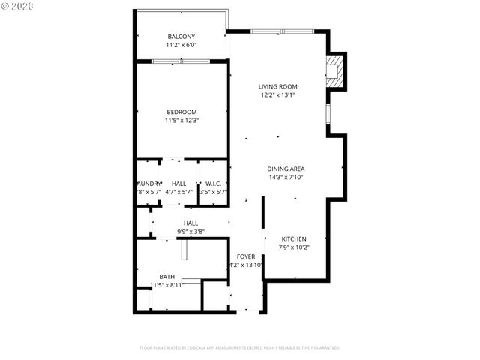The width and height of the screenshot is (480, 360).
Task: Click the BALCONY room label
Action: pos(181,37)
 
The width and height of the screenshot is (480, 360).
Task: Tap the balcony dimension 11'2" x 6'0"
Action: pos(181,45)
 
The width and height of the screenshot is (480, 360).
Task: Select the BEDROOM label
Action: pos(181,112)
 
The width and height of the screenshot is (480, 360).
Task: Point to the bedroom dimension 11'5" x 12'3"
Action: pos(181,120)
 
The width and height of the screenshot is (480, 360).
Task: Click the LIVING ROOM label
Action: pos(277,86)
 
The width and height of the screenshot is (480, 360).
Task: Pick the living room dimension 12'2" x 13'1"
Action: pos(277,94)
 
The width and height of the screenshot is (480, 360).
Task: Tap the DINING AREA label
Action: pos(286,169)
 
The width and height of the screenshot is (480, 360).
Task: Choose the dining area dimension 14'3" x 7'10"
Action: pos(286,178)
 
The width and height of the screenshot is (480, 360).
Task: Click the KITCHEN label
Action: pos(293,238)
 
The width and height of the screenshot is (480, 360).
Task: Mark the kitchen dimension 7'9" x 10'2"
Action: pos(293,247)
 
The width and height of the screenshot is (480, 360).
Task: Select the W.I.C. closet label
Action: pos(213,184)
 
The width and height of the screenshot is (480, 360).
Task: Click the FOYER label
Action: pos(246,256)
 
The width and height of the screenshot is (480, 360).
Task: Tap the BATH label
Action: pos(166,276)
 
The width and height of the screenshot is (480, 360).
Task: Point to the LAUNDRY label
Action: pos(148,184)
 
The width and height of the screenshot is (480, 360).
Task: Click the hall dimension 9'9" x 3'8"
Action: pos(190,232)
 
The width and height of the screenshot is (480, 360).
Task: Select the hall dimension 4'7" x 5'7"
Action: pos(178,192)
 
